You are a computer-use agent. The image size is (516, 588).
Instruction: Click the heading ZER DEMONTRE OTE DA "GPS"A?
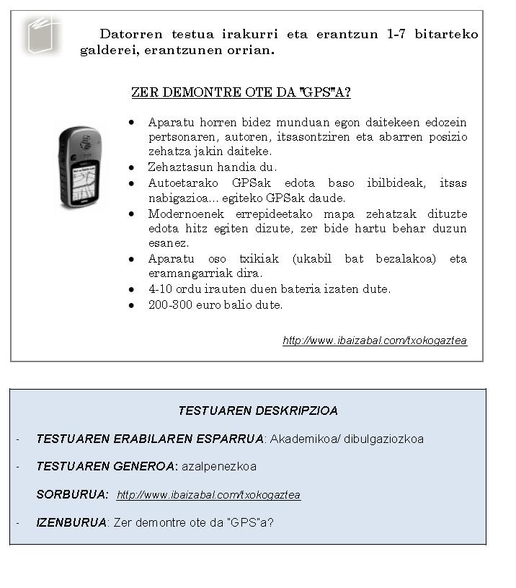coord(241,92)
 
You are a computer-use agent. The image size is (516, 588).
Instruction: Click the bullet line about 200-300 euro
coord(215,304)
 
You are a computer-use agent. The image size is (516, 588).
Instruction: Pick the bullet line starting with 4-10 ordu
coord(269,289)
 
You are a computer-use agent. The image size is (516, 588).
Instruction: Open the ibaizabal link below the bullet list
coord(375,341)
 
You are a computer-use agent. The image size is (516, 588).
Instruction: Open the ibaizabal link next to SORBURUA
coord(208,495)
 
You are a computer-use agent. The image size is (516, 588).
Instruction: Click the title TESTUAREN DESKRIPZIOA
coord(258,411)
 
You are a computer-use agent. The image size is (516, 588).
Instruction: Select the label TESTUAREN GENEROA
coord(106,467)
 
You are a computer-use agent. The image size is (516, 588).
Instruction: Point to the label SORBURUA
coord(72,495)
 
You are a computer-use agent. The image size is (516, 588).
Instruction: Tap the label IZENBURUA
coord(71,522)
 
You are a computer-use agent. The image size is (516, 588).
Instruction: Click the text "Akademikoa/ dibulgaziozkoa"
coord(347,439)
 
